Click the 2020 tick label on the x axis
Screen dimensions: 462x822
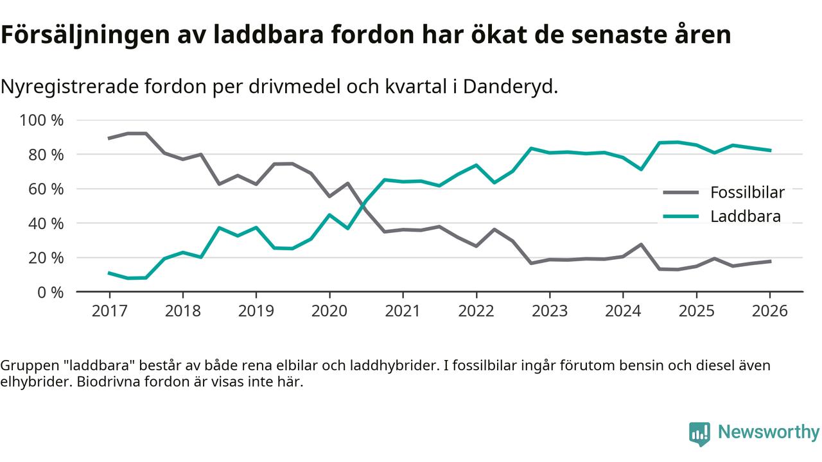pos(329,311)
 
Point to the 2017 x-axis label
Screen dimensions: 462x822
pos(109,311)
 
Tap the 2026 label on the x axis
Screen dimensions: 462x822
pos(769,311)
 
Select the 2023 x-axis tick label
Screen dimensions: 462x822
pos(549,311)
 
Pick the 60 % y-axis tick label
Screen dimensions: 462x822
pos(46,189)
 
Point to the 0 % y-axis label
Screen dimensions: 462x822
pos(50,292)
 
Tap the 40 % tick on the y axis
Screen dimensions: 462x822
pos(46,223)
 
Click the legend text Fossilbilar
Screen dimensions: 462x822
pos(748,192)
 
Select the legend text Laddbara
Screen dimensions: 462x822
pos(746,216)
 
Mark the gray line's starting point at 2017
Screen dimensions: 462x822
pos(109,138)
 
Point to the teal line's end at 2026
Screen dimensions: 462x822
pos(769,150)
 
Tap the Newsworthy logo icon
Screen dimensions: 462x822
pos(699,434)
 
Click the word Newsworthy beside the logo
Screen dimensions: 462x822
pos(769,432)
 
